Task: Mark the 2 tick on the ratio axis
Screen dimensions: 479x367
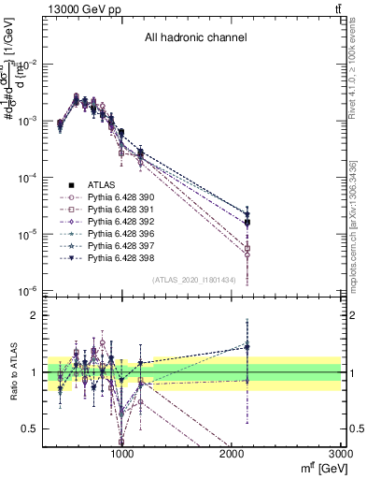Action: point(35,315)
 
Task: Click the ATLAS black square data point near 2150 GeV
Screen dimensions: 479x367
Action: point(247,223)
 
